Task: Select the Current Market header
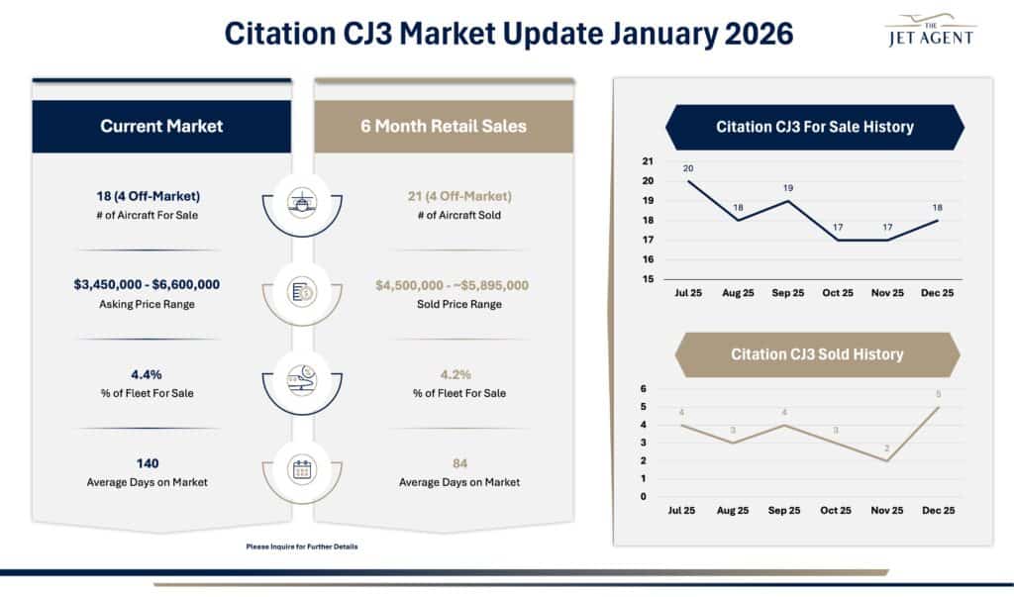point(161,126)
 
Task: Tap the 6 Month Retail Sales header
point(444,126)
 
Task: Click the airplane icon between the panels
point(302,201)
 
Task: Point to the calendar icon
point(302,469)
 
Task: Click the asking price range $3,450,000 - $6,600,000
point(147,285)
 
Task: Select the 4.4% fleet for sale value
point(147,375)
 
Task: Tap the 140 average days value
point(148,463)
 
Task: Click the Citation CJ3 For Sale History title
point(814,127)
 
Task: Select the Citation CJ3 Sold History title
point(817,353)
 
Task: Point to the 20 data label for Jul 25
point(688,168)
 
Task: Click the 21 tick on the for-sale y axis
point(648,161)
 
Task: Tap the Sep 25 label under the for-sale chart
point(784,294)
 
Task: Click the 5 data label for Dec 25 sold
point(938,394)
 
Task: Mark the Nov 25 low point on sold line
point(887,460)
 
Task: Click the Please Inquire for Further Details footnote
point(301,547)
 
